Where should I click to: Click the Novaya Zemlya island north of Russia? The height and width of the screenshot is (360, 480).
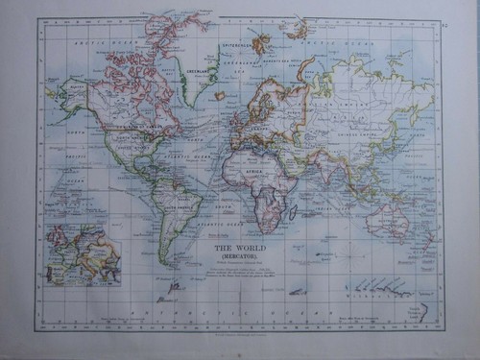coord(306,67)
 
